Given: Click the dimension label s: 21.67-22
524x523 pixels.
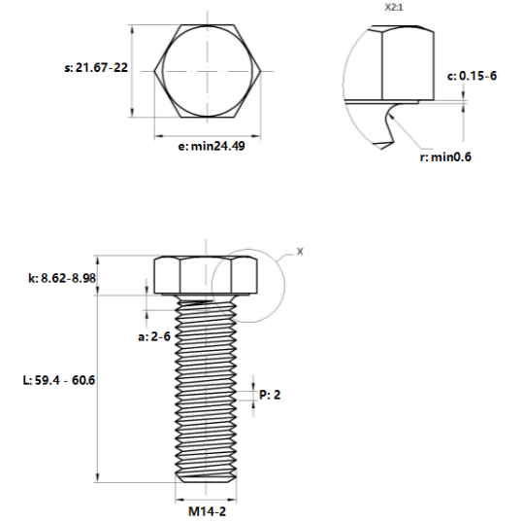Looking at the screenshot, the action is [96, 68].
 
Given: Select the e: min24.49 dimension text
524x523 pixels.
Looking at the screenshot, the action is [212, 146].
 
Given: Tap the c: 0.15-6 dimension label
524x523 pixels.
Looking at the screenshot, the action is [472, 76].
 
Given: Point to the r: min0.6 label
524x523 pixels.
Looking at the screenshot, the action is [445, 157].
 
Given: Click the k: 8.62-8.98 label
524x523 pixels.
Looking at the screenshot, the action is [62, 278].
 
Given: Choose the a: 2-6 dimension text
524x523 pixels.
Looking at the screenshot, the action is [154, 336].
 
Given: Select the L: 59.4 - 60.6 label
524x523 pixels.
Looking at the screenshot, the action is [59, 380].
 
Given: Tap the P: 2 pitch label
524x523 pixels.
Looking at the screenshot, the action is [270, 395].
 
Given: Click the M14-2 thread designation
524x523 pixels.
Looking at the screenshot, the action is [208, 511].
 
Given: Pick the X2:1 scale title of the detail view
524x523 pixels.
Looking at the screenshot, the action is [394, 8].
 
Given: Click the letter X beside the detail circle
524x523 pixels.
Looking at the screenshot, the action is [300, 252].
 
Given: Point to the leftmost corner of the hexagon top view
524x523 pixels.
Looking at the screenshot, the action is [154, 71].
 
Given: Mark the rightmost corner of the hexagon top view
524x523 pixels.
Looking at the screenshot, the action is [261, 71].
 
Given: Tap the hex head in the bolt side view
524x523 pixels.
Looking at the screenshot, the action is [206, 275].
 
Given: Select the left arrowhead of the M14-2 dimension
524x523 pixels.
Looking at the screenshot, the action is [180, 501].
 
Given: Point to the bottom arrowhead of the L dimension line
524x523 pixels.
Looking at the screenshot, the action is [98, 478].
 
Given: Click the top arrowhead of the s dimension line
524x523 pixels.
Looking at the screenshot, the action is [133, 29].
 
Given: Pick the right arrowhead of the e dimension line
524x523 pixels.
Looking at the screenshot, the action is [256, 136].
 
